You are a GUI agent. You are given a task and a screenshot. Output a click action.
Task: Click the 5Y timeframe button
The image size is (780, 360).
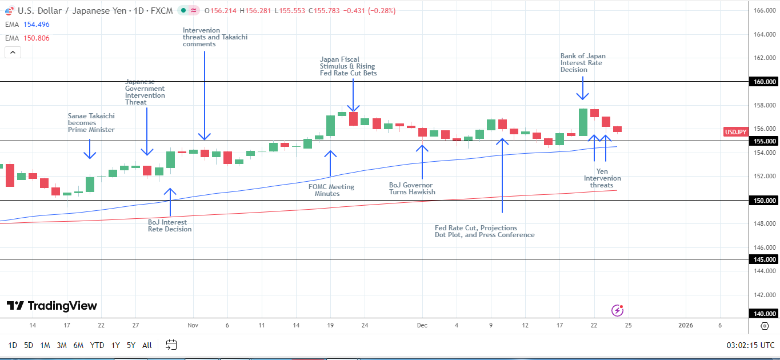[x=131, y=345]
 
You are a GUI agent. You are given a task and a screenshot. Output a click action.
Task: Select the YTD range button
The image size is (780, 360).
[x=97, y=345]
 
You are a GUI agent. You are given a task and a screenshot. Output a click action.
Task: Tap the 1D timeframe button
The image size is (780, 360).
[x=12, y=345]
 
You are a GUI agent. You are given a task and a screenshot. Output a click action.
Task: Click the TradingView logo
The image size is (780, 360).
[x=52, y=306]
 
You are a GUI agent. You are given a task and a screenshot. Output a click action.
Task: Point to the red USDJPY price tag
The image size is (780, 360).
[x=735, y=132]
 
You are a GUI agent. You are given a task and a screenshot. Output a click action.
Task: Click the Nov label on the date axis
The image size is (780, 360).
[x=193, y=325]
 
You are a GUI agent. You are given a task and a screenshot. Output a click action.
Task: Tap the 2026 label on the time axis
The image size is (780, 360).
[x=685, y=325]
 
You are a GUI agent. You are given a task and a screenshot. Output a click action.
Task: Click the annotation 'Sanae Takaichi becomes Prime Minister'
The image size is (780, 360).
[x=91, y=123]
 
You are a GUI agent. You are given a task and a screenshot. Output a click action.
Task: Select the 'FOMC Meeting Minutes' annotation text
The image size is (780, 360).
[x=331, y=190]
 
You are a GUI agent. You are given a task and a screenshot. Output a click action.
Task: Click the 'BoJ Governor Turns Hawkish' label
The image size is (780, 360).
[x=411, y=189]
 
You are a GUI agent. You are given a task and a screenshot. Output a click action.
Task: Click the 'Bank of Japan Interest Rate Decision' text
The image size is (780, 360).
[x=583, y=63]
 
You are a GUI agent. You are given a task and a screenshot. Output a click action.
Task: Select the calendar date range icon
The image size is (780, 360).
[x=171, y=345]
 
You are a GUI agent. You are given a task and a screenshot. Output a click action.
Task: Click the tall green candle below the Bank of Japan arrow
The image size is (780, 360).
[x=583, y=122]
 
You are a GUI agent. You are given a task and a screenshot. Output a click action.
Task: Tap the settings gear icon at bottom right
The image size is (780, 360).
[x=765, y=326]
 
